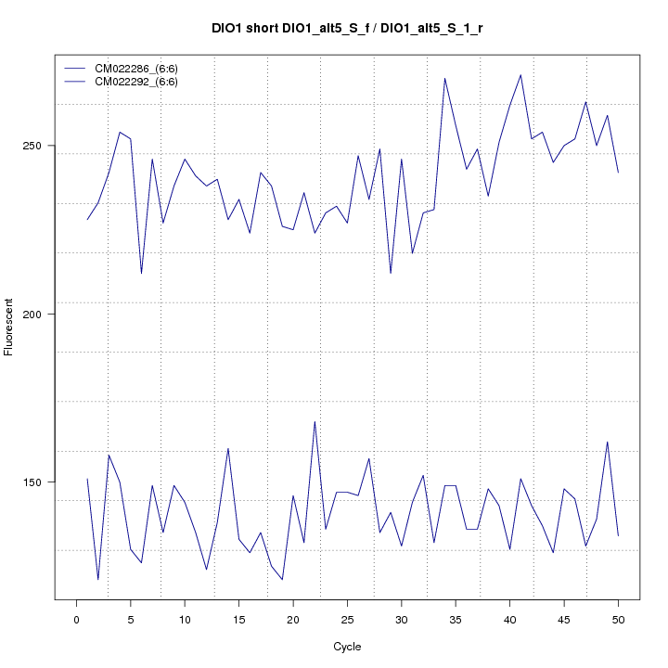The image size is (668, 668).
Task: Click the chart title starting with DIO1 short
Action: point(347,29)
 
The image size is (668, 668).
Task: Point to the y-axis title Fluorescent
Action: point(10,327)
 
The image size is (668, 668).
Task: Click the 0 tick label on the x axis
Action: point(76,620)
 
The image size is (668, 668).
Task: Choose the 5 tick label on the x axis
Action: point(130,620)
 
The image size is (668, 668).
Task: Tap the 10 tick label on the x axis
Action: point(185,620)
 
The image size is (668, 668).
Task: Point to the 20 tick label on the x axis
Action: point(293,620)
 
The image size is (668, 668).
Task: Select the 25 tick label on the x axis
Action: point(347,620)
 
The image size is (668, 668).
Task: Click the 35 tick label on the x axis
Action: point(456,620)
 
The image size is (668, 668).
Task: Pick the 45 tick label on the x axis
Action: point(564,620)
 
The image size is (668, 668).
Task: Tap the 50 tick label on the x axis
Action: point(618,620)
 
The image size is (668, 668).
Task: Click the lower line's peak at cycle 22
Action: point(315,421)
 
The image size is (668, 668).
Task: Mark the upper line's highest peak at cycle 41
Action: point(520,75)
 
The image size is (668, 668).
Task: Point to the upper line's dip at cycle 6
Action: point(141,274)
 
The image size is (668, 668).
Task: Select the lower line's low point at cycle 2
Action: point(97,580)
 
